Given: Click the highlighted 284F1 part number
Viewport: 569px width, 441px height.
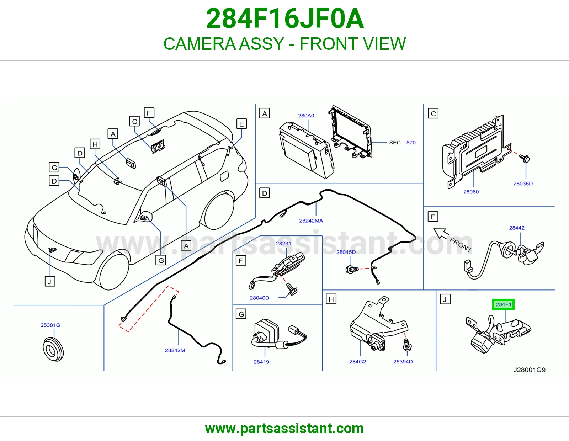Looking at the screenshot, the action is (x=503, y=304).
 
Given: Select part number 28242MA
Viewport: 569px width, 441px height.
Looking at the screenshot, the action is (x=311, y=221).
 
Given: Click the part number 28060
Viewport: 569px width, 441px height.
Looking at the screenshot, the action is (x=471, y=192).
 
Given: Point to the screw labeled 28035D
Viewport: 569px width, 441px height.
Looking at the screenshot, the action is (x=525, y=158).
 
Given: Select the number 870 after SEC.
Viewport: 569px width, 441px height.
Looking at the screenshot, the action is (x=411, y=143).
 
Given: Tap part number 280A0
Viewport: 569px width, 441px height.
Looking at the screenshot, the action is (x=306, y=116).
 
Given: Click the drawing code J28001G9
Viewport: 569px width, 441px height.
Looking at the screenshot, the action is (x=530, y=370).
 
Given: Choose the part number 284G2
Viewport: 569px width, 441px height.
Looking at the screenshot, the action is (x=358, y=362).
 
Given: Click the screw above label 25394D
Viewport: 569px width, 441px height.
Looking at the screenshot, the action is (x=407, y=345).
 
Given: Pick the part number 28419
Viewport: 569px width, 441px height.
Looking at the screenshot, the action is (x=261, y=362).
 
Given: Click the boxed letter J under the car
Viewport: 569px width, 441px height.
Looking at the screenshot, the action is (x=50, y=282).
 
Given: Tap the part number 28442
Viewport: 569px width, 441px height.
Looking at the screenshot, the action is (x=517, y=228).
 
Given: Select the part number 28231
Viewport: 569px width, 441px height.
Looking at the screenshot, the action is (x=283, y=244).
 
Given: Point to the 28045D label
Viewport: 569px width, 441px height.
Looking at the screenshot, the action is (x=346, y=252).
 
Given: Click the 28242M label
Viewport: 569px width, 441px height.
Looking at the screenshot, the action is (x=175, y=350).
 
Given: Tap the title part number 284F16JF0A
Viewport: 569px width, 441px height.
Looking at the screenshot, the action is (x=285, y=18).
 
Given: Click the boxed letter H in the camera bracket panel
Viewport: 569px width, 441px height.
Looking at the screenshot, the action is (x=331, y=299).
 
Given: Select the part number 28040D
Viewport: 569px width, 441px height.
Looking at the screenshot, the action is (x=260, y=298).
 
